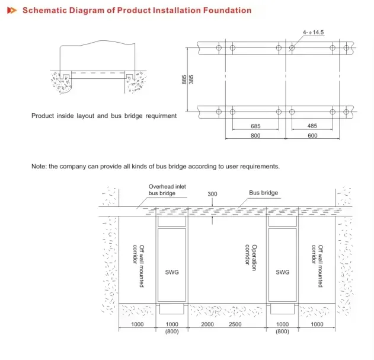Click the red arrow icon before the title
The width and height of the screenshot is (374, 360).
(12, 10)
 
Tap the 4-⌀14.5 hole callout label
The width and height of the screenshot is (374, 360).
(313, 32)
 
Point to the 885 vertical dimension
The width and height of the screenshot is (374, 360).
(184, 79)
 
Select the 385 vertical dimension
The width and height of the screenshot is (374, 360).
(191, 79)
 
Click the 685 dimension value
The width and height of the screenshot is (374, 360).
(255, 126)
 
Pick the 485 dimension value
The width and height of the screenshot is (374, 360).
(312, 126)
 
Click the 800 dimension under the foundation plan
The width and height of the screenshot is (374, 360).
(255, 136)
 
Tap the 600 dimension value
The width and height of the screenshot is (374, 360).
(312, 136)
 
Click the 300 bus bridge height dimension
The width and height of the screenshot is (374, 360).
(212, 194)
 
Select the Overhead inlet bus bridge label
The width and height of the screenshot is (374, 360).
(167, 190)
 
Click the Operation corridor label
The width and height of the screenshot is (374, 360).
(251, 257)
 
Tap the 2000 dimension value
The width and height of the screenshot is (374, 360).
(207, 324)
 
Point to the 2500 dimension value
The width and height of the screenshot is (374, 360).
(235, 324)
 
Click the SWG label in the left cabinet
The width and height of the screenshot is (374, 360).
(172, 272)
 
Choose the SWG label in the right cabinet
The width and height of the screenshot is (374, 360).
(283, 272)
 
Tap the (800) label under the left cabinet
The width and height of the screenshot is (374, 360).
(172, 332)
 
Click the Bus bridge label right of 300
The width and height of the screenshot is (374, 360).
(264, 193)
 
